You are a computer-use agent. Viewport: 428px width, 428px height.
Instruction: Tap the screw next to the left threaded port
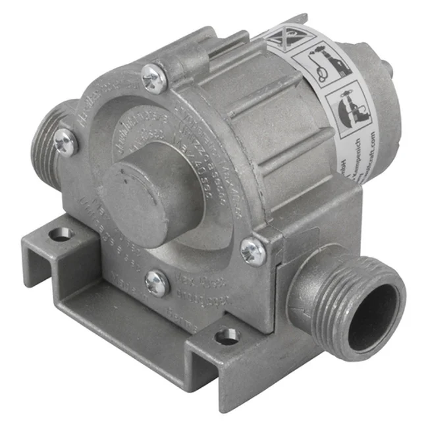[x=65, y=142]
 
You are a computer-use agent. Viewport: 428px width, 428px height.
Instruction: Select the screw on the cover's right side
[x=252, y=251]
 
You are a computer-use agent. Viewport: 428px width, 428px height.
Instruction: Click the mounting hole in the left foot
[x=61, y=233]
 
